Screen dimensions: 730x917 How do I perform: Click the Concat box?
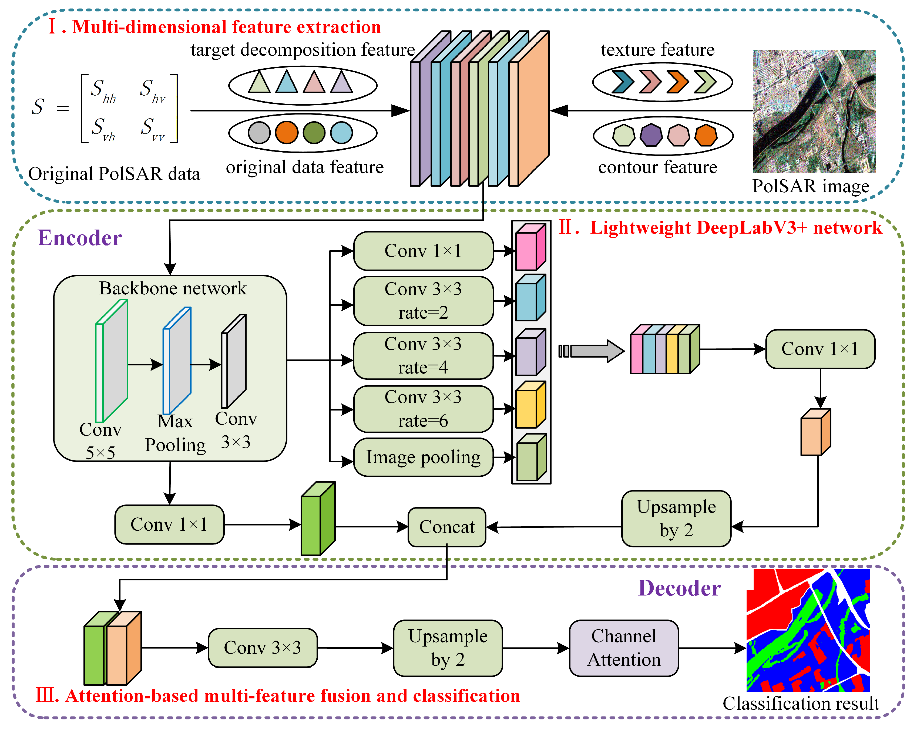[x=446, y=527]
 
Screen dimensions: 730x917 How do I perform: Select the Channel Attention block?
[x=623, y=648]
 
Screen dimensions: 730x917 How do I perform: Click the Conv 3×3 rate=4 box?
[x=423, y=355]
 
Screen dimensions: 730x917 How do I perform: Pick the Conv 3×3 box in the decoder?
[x=263, y=648]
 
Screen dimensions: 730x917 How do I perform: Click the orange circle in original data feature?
[x=286, y=132]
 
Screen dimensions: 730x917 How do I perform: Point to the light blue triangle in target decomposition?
[x=286, y=82]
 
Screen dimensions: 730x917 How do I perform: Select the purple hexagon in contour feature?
[x=651, y=135]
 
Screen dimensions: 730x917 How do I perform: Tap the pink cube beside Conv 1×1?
[x=530, y=247]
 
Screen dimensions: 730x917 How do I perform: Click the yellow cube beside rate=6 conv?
[x=530, y=405]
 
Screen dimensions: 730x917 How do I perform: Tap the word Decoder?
[x=679, y=588]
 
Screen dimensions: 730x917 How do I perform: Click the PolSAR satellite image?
[x=814, y=111]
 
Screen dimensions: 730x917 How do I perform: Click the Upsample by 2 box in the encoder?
[x=676, y=518]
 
